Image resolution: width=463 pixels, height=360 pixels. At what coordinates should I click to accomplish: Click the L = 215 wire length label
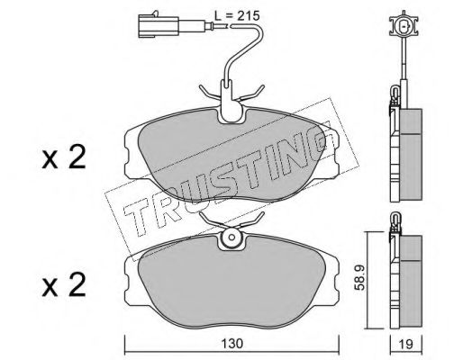[x=237, y=15]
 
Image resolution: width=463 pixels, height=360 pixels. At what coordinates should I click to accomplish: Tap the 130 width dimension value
[x=232, y=344]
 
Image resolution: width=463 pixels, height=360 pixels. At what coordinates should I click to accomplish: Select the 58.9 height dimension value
[x=359, y=277]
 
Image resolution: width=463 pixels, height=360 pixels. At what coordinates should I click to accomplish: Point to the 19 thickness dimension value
[x=406, y=344]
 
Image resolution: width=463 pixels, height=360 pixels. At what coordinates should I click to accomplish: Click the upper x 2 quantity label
[x=64, y=157]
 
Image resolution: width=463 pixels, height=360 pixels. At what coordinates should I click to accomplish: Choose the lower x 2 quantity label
[x=64, y=285]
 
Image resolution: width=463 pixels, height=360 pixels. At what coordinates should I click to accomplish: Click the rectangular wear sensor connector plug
[x=159, y=26]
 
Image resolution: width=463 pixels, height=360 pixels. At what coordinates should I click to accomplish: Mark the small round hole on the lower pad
[x=231, y=238]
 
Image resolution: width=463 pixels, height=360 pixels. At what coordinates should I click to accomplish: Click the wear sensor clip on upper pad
[x=231, y=102]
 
